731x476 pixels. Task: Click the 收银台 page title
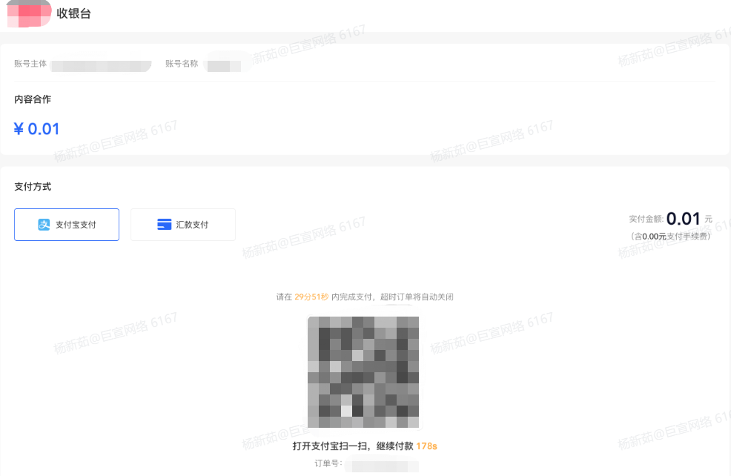[73, 13]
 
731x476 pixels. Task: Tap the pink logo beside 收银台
[28, 13]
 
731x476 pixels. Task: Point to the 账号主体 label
[30, 64]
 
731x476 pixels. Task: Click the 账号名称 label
[182, 64]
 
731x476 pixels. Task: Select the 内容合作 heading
[33, 99]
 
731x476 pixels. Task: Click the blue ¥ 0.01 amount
[36, 129]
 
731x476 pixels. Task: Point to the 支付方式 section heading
[33, 187]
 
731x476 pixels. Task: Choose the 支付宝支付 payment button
[67, 225]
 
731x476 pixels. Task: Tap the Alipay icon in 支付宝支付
[44, 225]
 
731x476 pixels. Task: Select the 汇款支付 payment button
[183, 225]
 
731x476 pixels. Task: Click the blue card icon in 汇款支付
[165, 225]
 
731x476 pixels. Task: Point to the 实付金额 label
[645, 219]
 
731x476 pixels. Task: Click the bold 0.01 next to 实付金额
[684, 219]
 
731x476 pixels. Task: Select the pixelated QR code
[363, 372]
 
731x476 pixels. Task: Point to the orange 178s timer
[427, 446]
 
